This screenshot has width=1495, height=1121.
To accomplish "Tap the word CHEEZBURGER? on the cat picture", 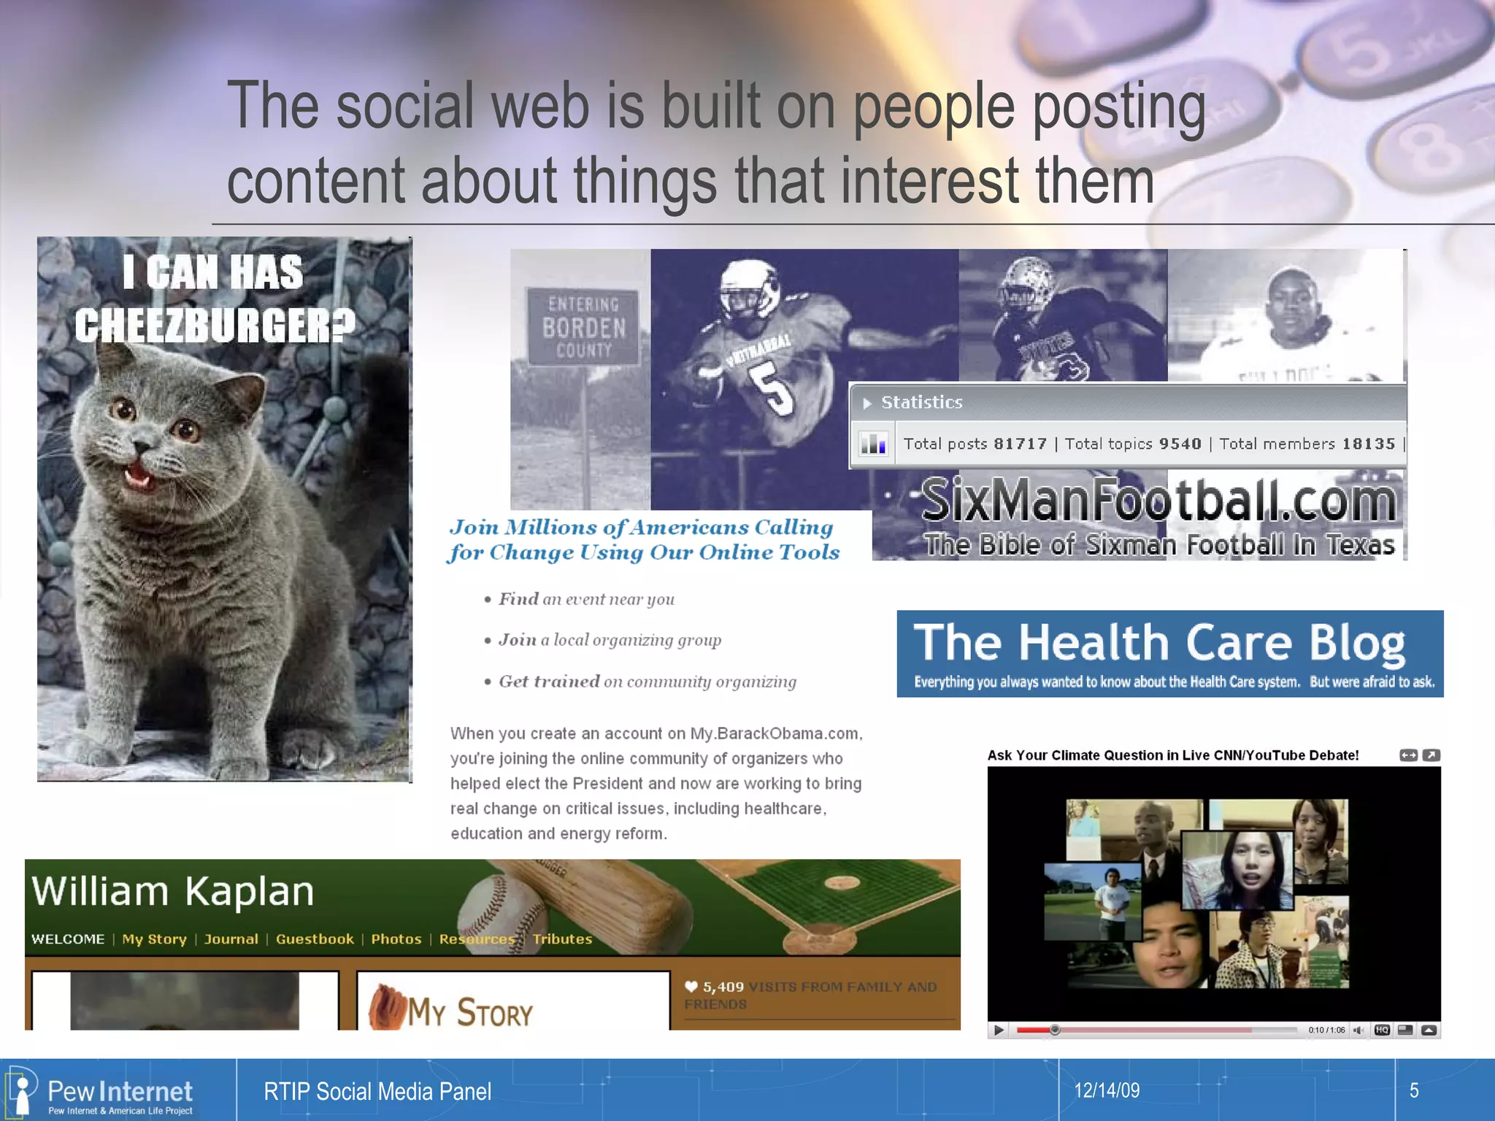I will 215,325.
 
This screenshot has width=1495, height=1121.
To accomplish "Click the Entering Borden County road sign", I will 583,327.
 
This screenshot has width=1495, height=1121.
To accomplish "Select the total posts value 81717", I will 1020,444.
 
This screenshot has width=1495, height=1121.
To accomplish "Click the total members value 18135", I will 1367,444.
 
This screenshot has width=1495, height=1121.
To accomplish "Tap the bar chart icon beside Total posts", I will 873,443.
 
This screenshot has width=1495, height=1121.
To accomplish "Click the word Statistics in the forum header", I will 921,402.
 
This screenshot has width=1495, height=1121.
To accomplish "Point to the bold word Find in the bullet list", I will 518,599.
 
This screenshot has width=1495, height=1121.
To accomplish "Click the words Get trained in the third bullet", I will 549,682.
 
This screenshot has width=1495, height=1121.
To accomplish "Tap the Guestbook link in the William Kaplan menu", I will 315,939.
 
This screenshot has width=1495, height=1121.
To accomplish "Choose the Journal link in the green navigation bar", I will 231,939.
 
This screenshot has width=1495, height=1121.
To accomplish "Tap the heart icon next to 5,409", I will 691,987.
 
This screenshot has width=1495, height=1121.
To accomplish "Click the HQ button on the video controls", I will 1381,1030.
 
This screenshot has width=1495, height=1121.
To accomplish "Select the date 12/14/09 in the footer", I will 1107,1090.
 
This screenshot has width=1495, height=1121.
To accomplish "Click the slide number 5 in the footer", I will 1414,1090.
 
